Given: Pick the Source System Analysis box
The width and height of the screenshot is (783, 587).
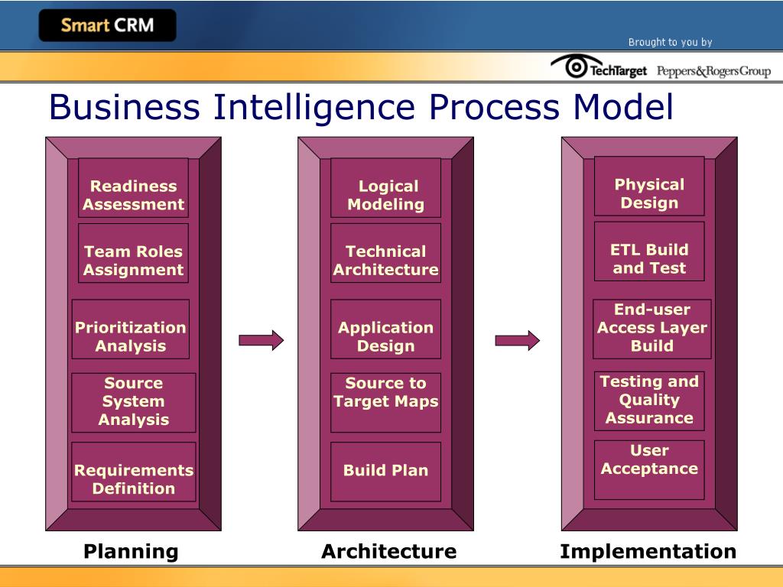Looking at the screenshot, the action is point(134,402).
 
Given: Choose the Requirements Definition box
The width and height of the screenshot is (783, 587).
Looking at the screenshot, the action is point(134,472).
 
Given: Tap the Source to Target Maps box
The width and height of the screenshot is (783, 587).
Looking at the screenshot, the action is point(385,402).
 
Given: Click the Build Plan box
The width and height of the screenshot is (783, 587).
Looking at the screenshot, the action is point(385,472).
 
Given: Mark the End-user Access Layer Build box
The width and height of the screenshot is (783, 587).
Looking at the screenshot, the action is point(652,329).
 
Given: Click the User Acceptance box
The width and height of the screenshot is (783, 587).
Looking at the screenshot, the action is point(649,469).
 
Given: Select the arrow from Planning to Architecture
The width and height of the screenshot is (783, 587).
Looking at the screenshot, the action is point(261,339).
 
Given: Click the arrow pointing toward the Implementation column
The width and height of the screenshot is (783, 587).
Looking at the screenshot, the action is point(517,339).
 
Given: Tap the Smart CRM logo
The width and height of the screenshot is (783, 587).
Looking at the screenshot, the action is point(107,25).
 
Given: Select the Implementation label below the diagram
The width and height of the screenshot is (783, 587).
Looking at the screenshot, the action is point(648,551).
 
